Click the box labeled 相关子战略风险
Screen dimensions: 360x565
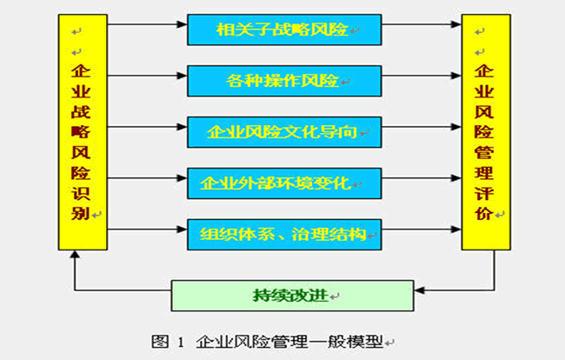point(284,30)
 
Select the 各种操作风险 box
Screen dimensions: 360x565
point(284,81)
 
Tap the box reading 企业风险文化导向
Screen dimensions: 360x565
point(284,132)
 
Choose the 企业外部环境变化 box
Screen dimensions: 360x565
point(284,183)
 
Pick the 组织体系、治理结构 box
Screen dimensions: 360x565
point(284,234)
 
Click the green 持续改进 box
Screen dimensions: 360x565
point(292,295)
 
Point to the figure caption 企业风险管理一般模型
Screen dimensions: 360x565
point(290,342)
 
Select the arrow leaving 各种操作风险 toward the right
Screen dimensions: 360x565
point(422,81)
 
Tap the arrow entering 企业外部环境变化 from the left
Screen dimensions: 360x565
point(148,183)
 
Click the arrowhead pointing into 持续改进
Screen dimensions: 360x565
point(420,289)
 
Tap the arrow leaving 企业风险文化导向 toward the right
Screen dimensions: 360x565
point(422,132)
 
